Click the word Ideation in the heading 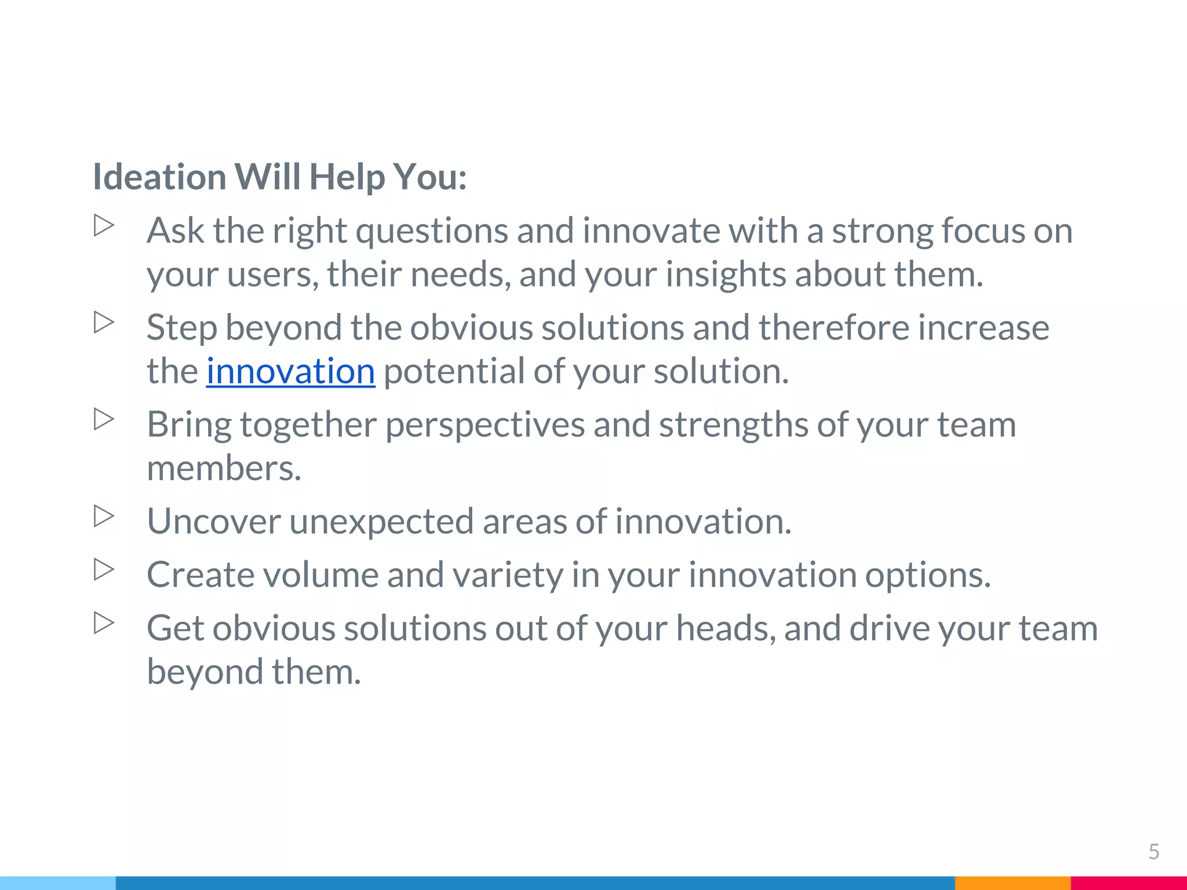pos(159,177)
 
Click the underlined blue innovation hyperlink pos(290,371)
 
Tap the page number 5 pos(1153,852)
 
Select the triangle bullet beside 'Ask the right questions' pos(104,225)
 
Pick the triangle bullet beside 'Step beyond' pos(104,323)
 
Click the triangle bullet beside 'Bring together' pos(104,420)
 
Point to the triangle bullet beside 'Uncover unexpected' pos(104,516)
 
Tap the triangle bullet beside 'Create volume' pos(104,570)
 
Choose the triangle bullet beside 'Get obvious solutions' pos(104,623)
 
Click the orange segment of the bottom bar pos(1012,883)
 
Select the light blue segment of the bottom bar pos(58,883)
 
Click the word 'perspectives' pos(485,425)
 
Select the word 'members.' pos(224,468)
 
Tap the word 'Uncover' pos(214,521)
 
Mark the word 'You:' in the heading pos(429,177)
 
